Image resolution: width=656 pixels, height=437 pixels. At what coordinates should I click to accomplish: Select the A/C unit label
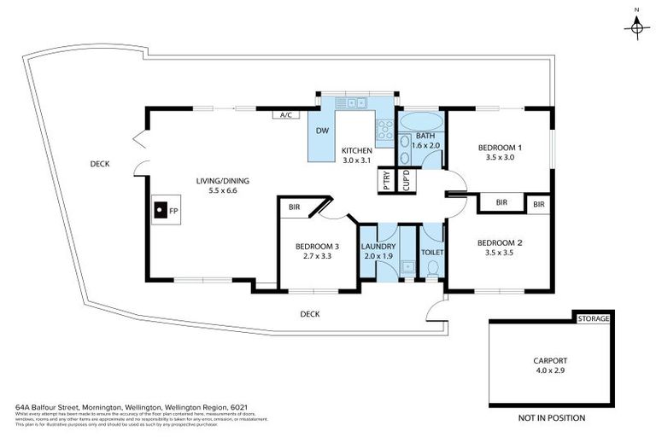[284, 114]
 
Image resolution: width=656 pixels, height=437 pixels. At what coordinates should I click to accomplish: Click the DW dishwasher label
[322, 131]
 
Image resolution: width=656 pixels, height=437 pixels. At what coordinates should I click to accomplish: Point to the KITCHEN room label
[358, 150]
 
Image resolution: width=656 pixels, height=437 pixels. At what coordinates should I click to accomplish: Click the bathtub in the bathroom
[419, 120]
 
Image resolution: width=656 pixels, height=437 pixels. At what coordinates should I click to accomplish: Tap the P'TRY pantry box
[386, 180]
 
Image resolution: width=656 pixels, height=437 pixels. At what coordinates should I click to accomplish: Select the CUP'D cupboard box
[407, 180]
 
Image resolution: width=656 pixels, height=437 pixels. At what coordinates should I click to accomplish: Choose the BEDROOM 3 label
[317, 247]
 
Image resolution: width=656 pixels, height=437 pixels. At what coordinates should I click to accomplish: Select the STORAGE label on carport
[594, 319]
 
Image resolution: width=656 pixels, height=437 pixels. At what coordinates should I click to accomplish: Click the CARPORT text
[551, 361]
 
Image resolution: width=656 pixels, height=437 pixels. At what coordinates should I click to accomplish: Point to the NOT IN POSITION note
[552, 418]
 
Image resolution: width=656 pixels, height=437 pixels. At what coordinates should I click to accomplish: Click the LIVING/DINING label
[215, 180]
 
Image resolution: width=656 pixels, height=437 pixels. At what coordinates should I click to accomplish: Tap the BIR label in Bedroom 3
[295, 207]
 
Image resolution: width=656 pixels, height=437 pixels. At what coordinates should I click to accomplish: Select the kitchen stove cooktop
[384, 129]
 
